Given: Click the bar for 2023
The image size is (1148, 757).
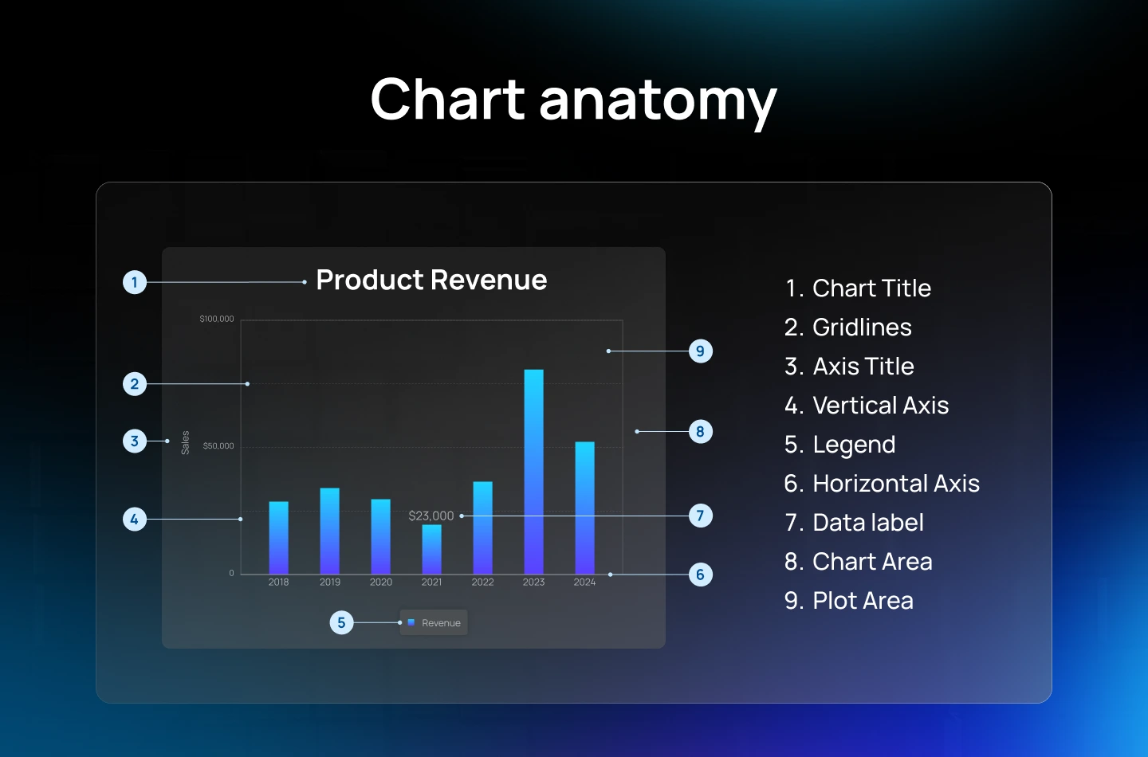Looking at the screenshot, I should (533, 470).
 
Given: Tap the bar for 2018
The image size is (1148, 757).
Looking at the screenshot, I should (278, 537).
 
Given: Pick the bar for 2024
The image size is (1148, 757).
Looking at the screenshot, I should (584, 507).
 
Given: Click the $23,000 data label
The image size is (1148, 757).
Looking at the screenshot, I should (431, 516).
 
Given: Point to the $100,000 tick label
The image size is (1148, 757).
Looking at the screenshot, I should (216, 319).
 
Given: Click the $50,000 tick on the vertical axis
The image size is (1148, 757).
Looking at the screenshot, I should (218, 445).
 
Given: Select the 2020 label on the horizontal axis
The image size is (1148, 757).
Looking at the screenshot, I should (380, 582).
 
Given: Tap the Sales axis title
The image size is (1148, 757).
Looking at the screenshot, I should (185, 442).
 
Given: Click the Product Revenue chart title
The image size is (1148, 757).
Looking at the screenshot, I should (431, 280).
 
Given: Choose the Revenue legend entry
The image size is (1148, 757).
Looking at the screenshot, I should (434, 623).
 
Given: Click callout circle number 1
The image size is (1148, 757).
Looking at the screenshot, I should (135, 282).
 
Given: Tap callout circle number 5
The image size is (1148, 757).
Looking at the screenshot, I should (341, 623).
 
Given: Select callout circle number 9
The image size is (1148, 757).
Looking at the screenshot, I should (700, 351).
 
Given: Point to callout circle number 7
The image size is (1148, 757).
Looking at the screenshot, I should (700, 516).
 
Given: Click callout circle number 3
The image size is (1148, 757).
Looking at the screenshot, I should (135, 441).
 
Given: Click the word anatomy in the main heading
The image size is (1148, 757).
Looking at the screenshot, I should (658, 101).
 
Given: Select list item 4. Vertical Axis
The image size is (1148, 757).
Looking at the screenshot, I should (867, 406).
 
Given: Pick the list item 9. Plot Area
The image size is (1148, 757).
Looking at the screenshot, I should (849, 601).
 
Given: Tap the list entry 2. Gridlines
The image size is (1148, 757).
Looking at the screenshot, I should (848, 328).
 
